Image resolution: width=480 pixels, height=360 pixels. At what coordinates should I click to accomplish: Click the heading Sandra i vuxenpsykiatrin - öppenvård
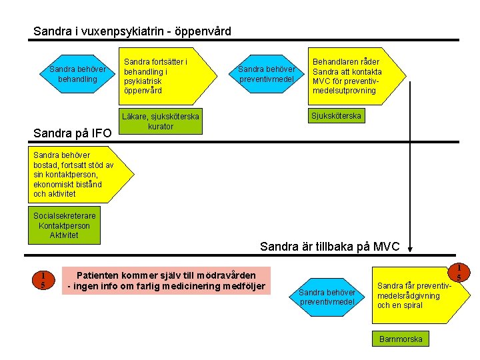tap(132, 31)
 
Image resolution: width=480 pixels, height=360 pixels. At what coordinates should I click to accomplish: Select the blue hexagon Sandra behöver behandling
tap(77, 74)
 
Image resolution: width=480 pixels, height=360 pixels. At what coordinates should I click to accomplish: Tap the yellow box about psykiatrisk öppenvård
tap(168, 76)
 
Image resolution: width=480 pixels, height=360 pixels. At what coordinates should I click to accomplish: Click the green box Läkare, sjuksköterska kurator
tap(161, 121)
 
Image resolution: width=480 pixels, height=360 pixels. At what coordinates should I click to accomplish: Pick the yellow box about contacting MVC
tap(357, 76)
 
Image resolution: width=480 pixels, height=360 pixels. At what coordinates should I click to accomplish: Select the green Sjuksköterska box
tap(337, 116)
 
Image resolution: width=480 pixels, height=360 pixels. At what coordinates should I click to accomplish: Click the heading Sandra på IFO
tap(73, 133)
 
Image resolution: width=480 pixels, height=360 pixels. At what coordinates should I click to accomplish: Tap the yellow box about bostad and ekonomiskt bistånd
tap(81, 175)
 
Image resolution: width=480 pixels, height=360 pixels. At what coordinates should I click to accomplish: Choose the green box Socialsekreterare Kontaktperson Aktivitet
tap(64, 225)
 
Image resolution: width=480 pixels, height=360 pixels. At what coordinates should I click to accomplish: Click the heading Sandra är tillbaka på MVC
tap(330, 247)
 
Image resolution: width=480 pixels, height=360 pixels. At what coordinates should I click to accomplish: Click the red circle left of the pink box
tap(43, 280)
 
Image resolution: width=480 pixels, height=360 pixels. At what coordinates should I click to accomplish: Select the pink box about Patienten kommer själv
tap(166, 281)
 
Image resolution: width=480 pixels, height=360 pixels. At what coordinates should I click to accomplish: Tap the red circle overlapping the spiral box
tap(459, 272)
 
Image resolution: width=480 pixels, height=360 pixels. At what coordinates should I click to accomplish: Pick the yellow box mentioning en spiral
tap(421, 295)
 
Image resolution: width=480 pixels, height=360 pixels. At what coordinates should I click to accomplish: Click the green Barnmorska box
tap(401, 339)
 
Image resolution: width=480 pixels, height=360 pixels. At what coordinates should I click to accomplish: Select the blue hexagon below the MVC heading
tap(327, 297)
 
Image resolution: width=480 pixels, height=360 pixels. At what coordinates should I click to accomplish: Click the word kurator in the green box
tap(161, 127)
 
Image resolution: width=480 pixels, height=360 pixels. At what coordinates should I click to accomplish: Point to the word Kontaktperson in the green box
tap(64, 226)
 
